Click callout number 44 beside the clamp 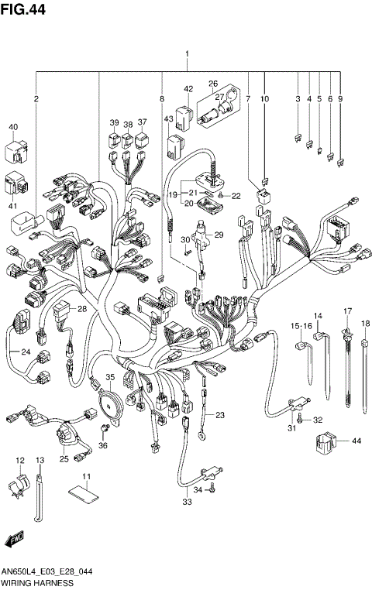356,441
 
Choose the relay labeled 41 19,184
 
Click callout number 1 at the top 187,53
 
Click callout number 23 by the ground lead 220,416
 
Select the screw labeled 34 209,489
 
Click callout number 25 64,459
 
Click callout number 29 219,235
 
